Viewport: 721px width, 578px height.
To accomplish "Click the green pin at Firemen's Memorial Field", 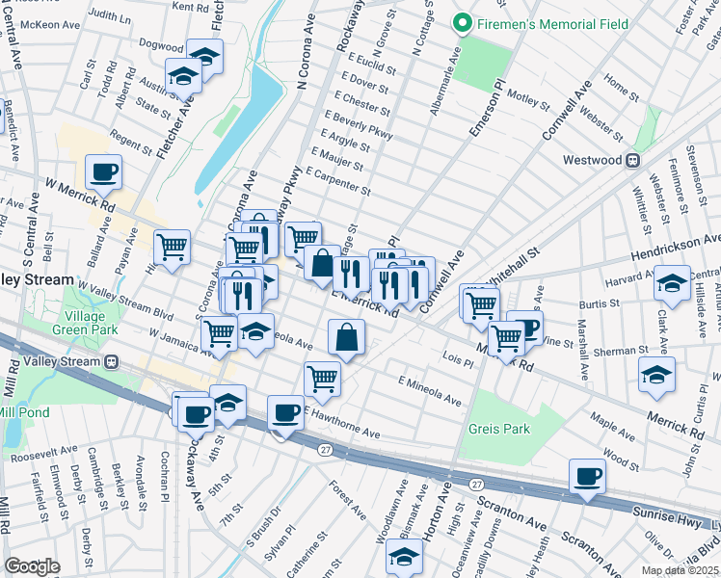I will click(464, 23).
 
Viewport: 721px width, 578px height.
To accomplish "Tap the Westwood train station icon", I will click(633, 161).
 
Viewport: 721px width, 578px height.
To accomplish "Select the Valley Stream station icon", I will click(112, 362).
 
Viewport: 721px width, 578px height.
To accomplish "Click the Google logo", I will click(32, 566).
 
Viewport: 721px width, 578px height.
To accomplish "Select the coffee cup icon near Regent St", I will click(103, 172).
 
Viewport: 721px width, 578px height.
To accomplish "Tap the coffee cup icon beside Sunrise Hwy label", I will click(587, 475).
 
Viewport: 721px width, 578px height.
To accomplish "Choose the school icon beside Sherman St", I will click(656, 375).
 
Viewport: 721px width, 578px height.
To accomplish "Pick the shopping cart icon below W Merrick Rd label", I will click(172, 247).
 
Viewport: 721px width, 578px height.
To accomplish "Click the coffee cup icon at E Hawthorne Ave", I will click(285, 413).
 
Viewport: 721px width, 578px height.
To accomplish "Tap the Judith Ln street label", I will click(108, 16).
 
